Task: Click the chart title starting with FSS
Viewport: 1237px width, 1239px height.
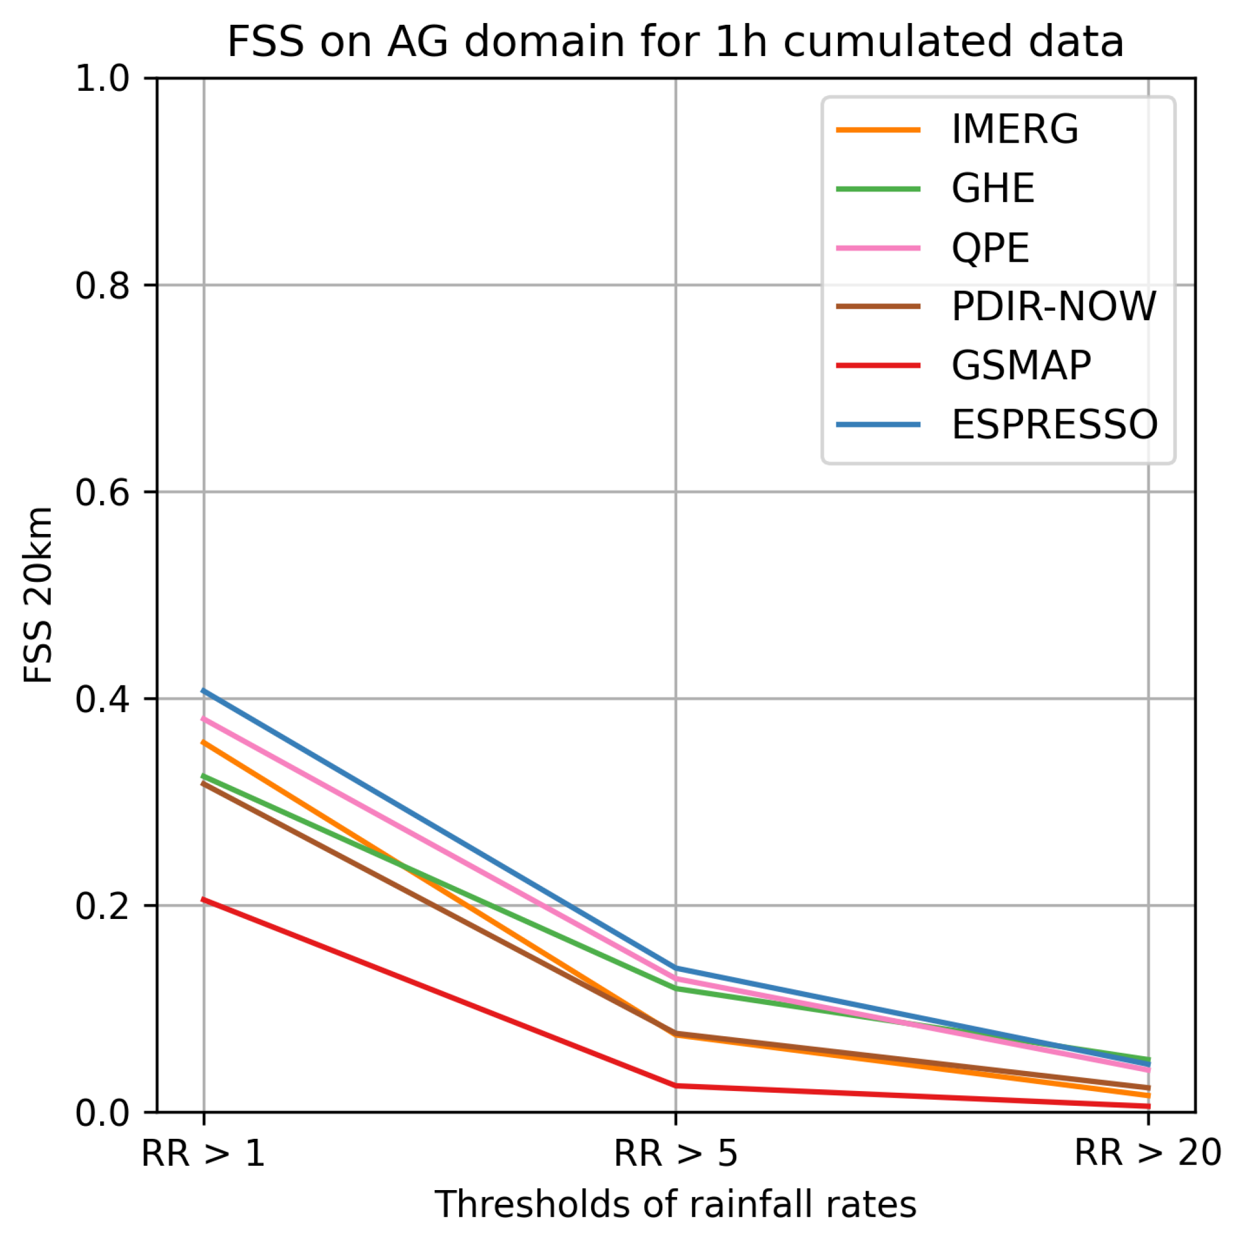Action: [675, 42]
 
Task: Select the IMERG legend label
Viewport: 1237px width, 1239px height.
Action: [1014, 130]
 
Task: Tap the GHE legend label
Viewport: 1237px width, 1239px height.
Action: [992, 189]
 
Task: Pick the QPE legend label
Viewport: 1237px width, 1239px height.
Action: [990, 248]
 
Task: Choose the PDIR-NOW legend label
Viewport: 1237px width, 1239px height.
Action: [1054, 307]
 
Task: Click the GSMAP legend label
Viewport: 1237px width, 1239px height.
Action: [1021, 365]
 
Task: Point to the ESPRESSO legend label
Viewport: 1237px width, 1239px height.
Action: [1054, 424]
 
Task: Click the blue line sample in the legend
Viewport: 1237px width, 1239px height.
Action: [878, 424]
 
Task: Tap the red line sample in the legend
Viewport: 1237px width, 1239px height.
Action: [878, 365]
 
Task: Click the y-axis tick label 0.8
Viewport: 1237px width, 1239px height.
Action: [102, 286]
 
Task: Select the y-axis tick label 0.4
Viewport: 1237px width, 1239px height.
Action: [102, 700]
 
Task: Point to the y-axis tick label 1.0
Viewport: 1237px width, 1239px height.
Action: [102, 80]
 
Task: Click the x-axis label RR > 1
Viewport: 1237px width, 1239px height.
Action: [203, 1153]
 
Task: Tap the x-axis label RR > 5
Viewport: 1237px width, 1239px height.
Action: [675, 1153]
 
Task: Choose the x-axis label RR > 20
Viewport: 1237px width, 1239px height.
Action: [1147, 1153]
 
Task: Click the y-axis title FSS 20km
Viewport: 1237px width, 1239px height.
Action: [37, 596]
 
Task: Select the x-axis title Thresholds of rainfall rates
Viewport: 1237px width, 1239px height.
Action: [675, 1204]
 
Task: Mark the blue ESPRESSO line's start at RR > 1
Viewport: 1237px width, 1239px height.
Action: [204, 691]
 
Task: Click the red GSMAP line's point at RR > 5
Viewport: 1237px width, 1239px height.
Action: [675, 1085]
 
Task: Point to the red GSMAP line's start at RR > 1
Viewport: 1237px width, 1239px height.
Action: [204, 899]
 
